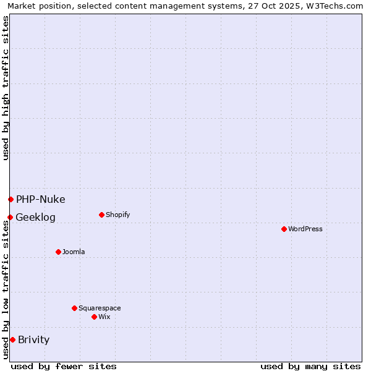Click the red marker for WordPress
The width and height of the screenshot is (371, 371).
(x=284, y=229)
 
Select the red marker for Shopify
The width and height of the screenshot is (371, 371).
(x=101, y=215)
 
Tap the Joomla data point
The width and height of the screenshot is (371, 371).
(x=58, y=252)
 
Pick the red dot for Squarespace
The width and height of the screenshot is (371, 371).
(x=74, y=308)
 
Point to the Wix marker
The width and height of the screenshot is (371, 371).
(x=94, y=317)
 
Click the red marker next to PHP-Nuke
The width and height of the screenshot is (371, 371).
(x=11, y=199)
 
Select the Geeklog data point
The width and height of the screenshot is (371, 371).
(x=10, y=217)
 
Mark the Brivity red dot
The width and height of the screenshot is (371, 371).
(x=12, y=339)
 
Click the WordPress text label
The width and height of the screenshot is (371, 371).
(x=305, y=229)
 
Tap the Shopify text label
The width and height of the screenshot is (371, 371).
(x=118, y=215)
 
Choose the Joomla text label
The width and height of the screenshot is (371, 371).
(x=74, y=252)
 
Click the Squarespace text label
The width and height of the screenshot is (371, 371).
(x=100, y=309)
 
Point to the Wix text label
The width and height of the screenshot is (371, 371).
(x=104, y=317)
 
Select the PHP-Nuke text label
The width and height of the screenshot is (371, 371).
(x=41, y=199)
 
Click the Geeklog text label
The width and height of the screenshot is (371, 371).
(x=36, y=218)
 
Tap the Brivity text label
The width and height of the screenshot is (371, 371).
(x=34, y=339)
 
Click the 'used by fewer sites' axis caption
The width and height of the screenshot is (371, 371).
(x=64, y=366)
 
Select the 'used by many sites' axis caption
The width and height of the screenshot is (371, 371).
(x=310, y=366)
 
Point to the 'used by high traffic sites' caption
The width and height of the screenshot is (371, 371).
(x=6, y=88)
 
